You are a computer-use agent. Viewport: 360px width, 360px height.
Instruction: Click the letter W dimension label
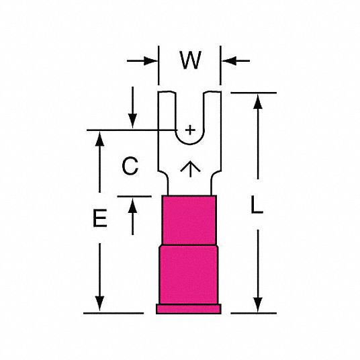pyautogui.click(x=191, y=60)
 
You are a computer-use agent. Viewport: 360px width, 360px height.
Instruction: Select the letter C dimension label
pyautogui.click(x=130, y=166)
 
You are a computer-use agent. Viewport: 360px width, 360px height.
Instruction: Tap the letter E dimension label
pyautogui.click(x=100, y=218)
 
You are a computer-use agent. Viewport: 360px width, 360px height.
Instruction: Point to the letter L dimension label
pyautogui.click(x=257, y=205)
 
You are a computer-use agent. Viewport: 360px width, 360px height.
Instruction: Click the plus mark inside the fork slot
pyautogui.click(x=190, y=130)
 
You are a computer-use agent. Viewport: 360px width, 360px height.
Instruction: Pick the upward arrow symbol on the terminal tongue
pyautogui.click(x=190, y=169)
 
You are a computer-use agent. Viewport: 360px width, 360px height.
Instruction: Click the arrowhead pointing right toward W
pyautogui.click(x=150, y=61)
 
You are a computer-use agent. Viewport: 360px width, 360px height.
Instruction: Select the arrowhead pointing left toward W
pyautogui.click(x=229, y=61)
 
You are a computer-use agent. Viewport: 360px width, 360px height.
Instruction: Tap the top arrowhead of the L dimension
pyautogui.click(x=258, y=101)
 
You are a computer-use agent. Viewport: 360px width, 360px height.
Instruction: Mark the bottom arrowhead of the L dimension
pyautogui.click(x=258, y=305)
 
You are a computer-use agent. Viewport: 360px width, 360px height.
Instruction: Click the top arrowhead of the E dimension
pyautogui.click(x=99, y=138)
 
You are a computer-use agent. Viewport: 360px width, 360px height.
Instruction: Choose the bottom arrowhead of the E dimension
pyautogui.click(x=99, y=304)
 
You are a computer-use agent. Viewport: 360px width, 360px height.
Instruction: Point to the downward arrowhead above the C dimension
pyautogui.click(x=132, y=121)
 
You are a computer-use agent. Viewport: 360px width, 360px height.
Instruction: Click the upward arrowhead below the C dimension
pyautogui.click(x=132, y=206)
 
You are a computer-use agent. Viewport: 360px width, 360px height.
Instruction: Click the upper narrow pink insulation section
pyautogui.click(x=189, y=220)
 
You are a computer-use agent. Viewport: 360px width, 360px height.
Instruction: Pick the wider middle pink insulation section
pyautogui.click(x=189, y=275)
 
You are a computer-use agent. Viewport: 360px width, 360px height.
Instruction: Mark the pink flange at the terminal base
pyautogui.click(x=189, y=309)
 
